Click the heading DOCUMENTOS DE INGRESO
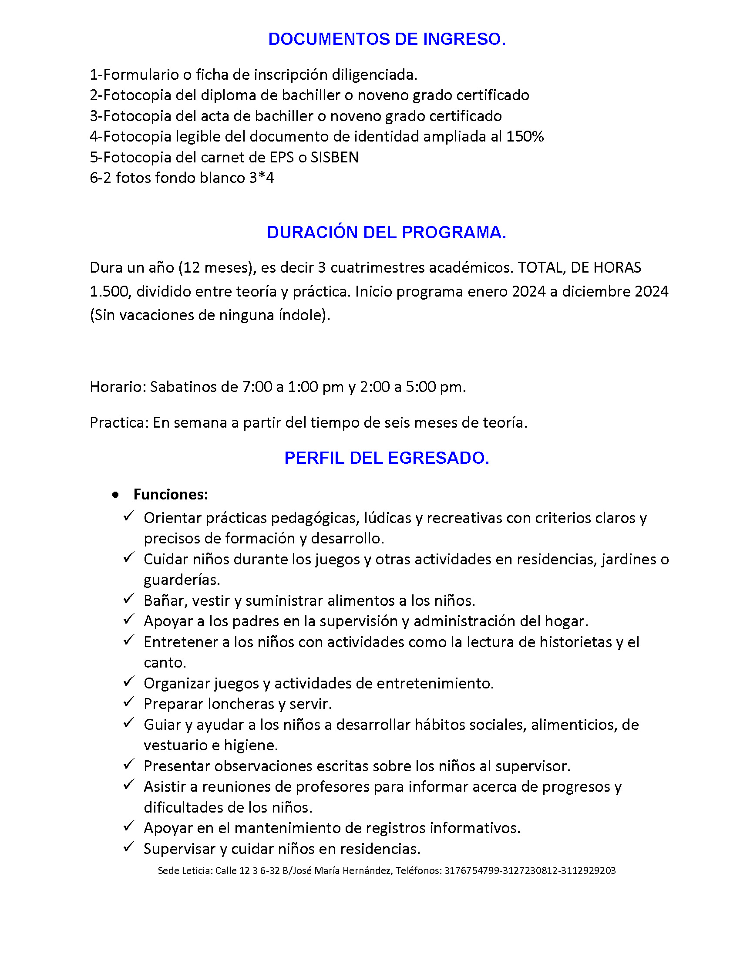(387, 39)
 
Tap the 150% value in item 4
(525, 137)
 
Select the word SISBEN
(334, 158)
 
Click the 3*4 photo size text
(261, 178)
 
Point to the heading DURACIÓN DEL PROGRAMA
(387, 233)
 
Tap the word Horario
(116, 387)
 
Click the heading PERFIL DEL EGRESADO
(387, 458)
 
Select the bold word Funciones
(170, 495)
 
